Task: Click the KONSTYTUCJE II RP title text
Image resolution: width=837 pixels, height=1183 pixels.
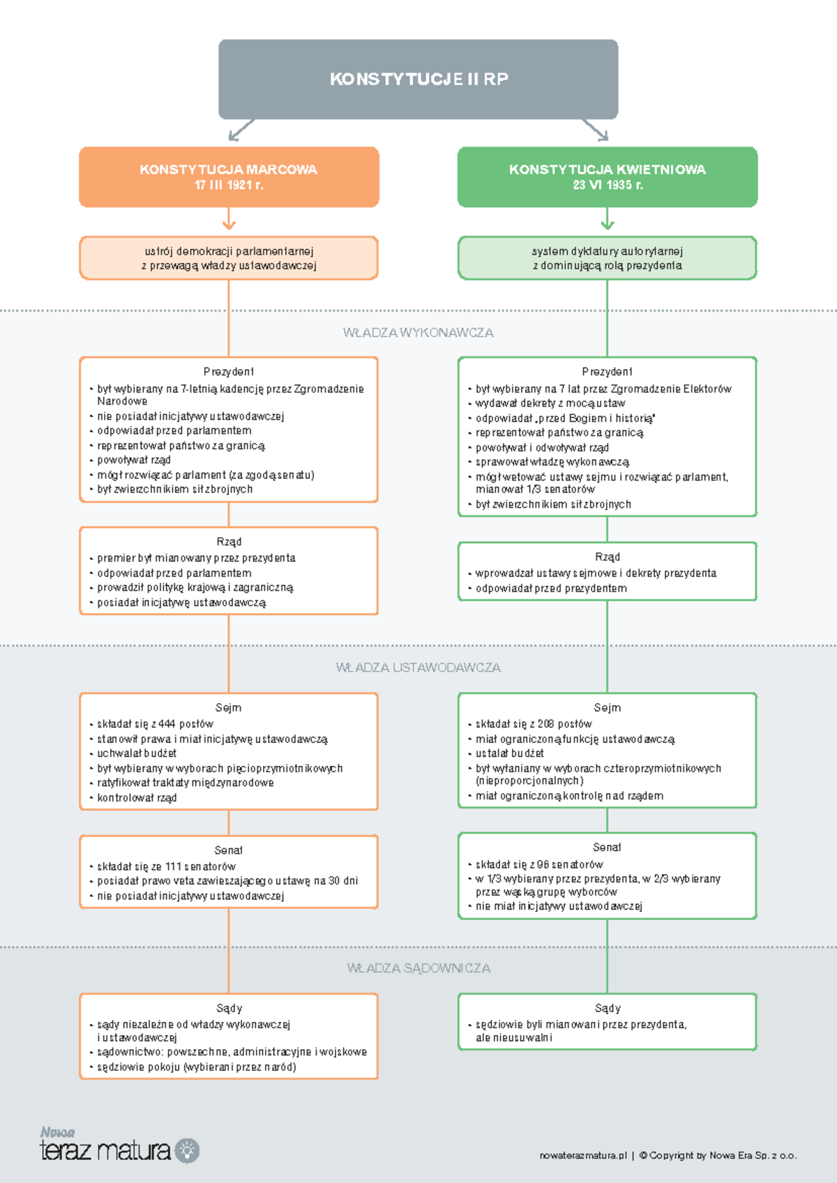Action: pos(418,80)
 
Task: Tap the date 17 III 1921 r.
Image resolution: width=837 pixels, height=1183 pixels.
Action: pos(229,185)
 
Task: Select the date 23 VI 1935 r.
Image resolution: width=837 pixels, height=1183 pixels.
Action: pos(608,185)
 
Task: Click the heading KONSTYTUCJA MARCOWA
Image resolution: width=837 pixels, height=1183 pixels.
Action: pos(229,169)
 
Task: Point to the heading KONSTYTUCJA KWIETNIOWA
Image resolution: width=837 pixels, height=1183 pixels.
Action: pos(608,169)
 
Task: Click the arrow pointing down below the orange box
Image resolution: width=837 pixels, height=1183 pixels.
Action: pos(229,218)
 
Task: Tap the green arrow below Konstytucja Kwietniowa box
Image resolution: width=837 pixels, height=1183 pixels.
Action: pos(608,218)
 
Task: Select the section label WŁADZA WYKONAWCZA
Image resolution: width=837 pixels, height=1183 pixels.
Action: pos(418,333)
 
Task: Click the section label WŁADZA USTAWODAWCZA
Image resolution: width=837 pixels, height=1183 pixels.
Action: pos(418,668)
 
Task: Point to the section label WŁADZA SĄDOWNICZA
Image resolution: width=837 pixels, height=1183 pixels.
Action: pos(418,968)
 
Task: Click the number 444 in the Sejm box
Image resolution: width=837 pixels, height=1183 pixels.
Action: pos(167,723)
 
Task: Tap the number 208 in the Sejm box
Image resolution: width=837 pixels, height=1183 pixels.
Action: pos(547,723)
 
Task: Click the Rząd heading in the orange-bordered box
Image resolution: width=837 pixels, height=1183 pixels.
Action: pos(229,542)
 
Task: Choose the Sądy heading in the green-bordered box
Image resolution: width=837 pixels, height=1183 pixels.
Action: pos(608,1008)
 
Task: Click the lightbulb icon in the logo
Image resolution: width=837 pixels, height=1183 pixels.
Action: pos(187,1151)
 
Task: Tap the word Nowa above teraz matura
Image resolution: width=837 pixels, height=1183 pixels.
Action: pos(58,1132)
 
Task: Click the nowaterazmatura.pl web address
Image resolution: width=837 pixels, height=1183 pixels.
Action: pos(583,1156)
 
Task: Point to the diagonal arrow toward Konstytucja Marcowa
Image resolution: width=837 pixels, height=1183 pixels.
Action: pos(241,130)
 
